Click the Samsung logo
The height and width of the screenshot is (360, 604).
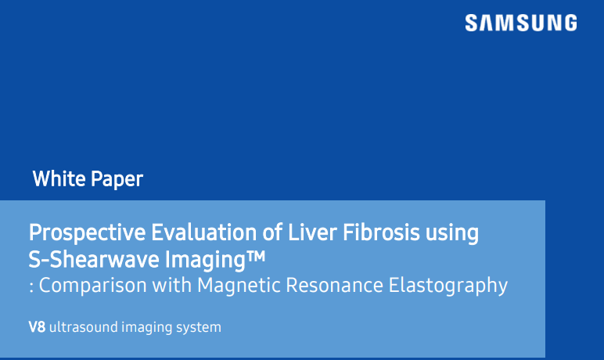click(520, 23)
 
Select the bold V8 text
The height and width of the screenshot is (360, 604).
click(36, 327)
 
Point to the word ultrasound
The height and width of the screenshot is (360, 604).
click(81, 327)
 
